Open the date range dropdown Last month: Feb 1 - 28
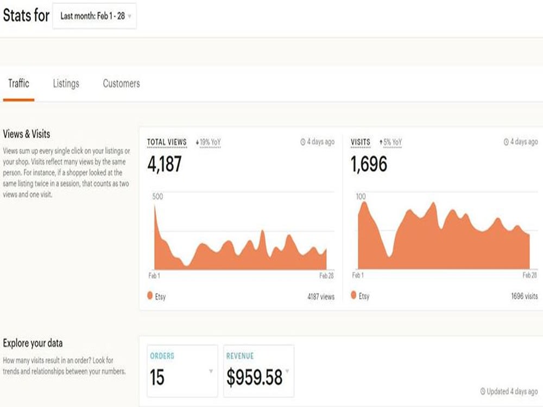pos(94,16)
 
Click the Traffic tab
pos(18,84)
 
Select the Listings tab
pos(66,84)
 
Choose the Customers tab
pos(121,84)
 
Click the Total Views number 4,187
pos(165,164)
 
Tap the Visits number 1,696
pos(369,164)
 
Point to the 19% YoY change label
pos(208,142)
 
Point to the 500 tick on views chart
pos(157,196)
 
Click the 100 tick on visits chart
pos(361,196)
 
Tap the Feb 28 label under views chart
pos(326,276)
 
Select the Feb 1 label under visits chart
pos(358,275)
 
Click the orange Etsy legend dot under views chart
pos(150,296)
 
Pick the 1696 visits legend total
pos(525,296)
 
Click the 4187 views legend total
pos(321,297)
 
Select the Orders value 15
pos(157,377)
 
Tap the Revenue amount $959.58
pos(255,377)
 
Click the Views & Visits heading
pos(26,134)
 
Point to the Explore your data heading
pos(33,343)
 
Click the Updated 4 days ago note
pos(509,391)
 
